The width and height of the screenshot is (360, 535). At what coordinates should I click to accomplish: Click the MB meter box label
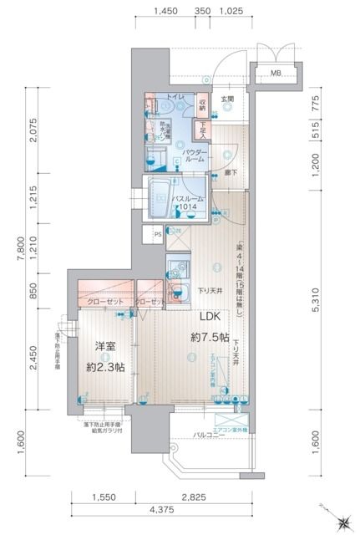(275, 74)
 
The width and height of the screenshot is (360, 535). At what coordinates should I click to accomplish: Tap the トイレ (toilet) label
(176, 99)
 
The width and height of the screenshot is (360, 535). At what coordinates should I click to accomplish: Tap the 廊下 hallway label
(229, 172)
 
